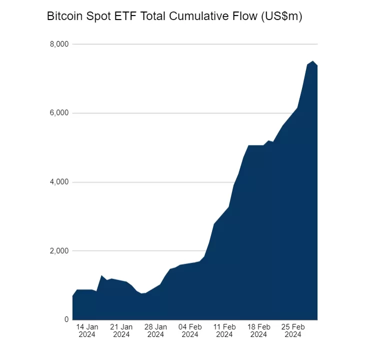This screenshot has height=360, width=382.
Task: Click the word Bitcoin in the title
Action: click(63, 16)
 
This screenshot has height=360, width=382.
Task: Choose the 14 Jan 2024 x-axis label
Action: click(87, 330)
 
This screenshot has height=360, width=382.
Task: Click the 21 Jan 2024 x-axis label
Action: click(121, 330)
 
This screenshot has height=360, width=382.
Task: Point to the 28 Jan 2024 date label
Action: click(155, 330)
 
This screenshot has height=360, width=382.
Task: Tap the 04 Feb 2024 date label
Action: click(190, 330)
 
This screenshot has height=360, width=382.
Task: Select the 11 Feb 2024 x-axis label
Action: click(224, 330)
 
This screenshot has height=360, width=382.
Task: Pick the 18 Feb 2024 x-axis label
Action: click(258, 330)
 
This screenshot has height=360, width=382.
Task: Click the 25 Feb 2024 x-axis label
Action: click(293, 330)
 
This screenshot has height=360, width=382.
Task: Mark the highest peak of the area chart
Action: click(312, 61)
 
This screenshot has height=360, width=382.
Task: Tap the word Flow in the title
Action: click(246, 16)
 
